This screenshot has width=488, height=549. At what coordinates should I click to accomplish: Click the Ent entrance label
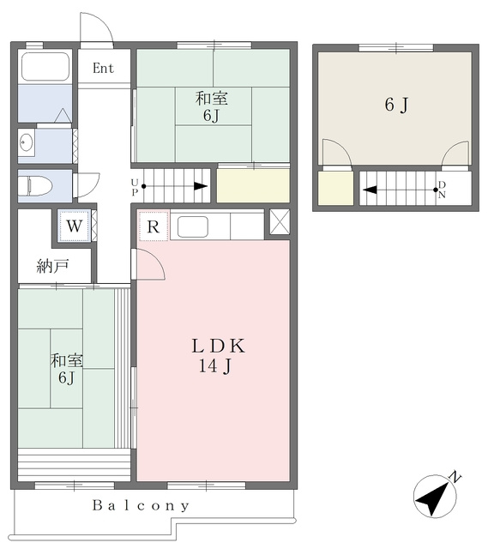tap(103, 69)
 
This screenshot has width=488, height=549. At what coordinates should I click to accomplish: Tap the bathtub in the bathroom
tap(45, 66)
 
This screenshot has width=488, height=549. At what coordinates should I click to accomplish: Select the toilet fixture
tap(35, 185)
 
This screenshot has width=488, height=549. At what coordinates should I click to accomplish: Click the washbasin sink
tap(27, 143)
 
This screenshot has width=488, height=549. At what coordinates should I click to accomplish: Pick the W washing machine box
tap(75, 226)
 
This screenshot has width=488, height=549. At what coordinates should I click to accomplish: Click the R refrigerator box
tap(154, 226)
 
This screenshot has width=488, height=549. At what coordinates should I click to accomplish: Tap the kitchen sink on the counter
tap(192, 226)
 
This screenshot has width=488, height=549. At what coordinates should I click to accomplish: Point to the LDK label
tap(219, 346)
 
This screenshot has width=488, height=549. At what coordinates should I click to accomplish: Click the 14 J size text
tap(214, 366)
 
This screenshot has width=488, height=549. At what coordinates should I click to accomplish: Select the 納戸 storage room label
tap(52, 267)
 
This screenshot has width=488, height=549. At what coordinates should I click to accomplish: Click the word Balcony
tap(141, 505)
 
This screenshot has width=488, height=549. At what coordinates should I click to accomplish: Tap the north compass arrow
tap(435, 496)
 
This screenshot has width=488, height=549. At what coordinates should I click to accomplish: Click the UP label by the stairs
tap(135, 187)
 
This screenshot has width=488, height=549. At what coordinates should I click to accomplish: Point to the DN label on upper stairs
tap(442, 190)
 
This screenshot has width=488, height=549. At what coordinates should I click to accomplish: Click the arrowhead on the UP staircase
tap(201, 186)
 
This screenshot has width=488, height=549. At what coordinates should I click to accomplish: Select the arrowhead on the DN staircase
tap(370, 190)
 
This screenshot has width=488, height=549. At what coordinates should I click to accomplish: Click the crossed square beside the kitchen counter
tap(280, 221)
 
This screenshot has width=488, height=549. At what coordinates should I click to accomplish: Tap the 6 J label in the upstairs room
tap(396, 105)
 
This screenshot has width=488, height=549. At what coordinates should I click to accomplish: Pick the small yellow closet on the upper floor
tap(335, 188)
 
